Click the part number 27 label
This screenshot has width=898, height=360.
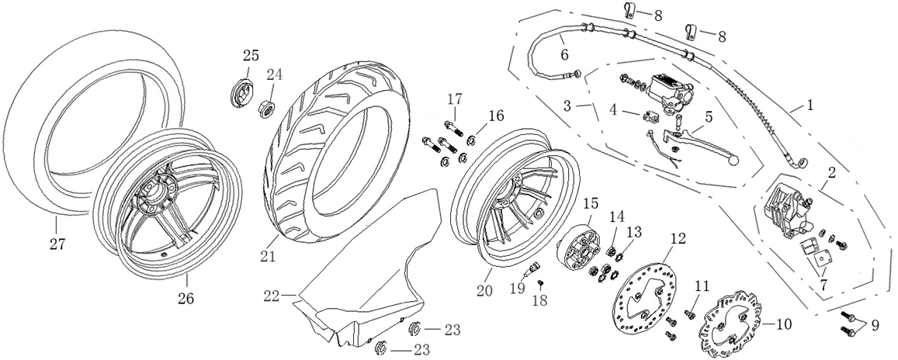tap(58, 244)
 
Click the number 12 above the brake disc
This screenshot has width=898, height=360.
tap(678, 239)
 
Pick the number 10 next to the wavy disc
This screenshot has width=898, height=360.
tap(782, 324)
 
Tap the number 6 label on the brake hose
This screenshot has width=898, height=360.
tap(564, 54)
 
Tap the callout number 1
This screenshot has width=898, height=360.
tap(810, 103)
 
